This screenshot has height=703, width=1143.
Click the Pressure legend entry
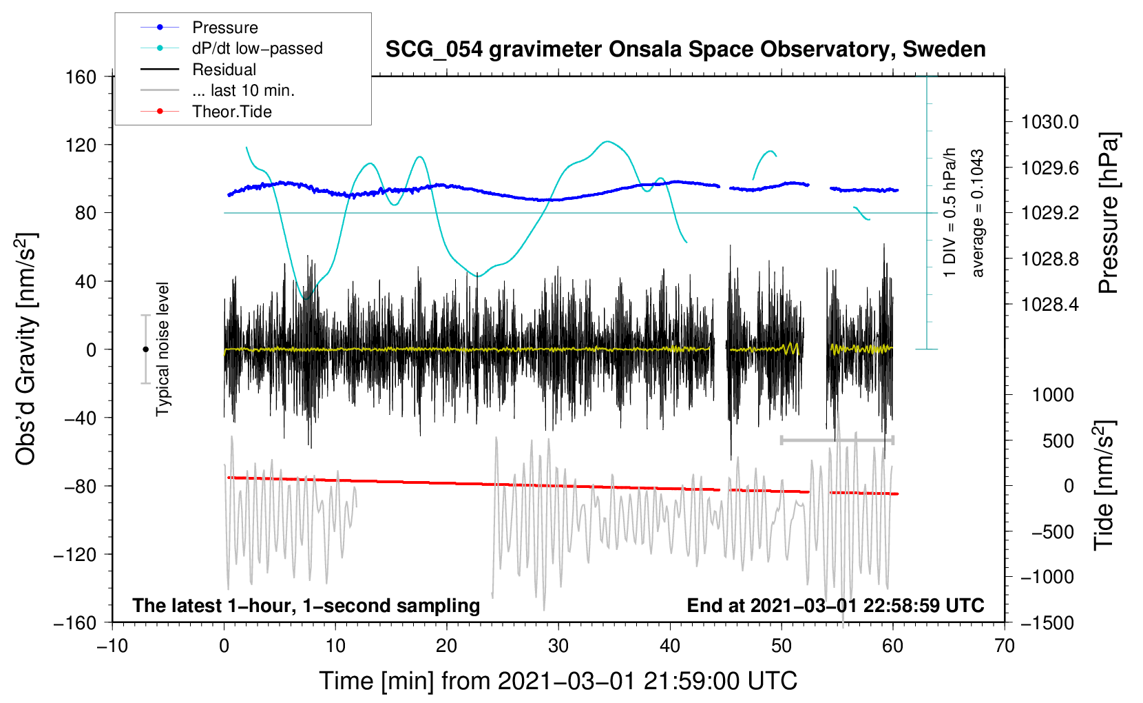pos(224,28)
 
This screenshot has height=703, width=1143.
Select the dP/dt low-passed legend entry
pos(257,48)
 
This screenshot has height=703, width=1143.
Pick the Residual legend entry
pos(224,70)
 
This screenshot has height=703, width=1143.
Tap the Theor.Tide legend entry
pos(231,112)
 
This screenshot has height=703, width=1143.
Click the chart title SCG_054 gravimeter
pos(685,50)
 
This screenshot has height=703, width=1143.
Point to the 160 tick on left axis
pos(81,77)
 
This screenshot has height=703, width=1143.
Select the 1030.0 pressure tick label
pos(1049,123)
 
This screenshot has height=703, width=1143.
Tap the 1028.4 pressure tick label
pos(1049,305)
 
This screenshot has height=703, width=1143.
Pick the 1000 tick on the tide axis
pos(1053,395)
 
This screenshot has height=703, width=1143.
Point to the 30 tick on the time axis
pos(558,646)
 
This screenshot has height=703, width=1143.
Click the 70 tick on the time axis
pos(1005,646)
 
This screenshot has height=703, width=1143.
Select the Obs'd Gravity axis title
pos(25,349)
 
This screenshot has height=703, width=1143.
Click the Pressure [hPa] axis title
pos(1108,214)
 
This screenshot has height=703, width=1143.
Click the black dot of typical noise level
pos(145,349)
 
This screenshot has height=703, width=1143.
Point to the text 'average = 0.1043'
pos(978,214)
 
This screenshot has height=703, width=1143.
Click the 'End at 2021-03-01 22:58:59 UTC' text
pos(835,606)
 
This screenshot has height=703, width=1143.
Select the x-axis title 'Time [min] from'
pos(558,681)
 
